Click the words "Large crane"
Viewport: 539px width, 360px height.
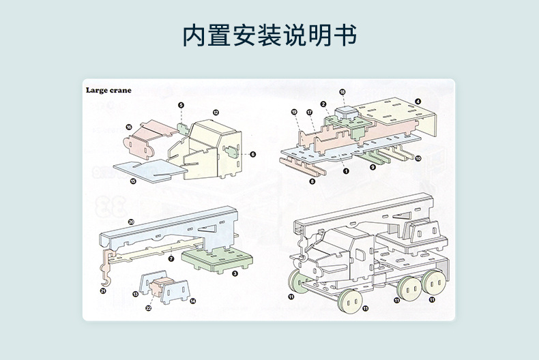(108, 90)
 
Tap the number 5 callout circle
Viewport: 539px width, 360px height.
(181, 105)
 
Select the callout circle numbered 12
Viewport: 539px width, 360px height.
(215, 112)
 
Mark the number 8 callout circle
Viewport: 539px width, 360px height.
(312, 181)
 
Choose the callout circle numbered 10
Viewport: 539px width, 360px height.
(418, 158)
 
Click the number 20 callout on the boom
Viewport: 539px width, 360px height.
(131, 222)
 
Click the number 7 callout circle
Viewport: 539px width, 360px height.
(171, 258)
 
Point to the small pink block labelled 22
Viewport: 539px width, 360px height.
(162, 290)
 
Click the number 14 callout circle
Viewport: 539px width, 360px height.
(193, 301)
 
